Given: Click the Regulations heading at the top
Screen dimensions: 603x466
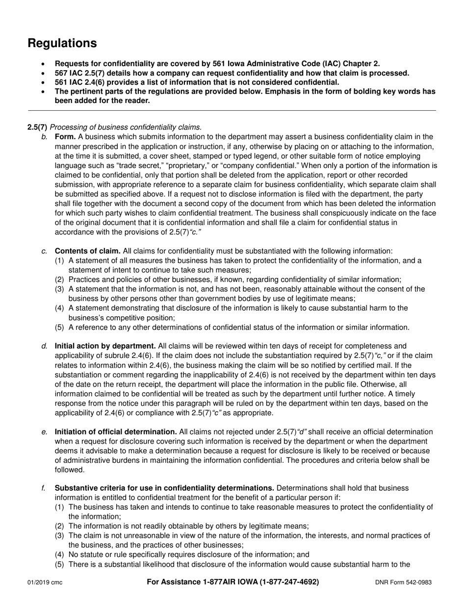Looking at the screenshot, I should [x=62, y=43].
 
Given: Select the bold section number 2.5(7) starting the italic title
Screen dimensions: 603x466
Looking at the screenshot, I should [x=37, y=127].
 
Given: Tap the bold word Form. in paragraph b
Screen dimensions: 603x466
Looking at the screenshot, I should [x=65, y=137].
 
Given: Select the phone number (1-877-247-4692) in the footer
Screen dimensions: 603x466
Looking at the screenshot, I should [x=289, y=582].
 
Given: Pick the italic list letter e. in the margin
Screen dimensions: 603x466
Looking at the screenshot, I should [x=45, y=432].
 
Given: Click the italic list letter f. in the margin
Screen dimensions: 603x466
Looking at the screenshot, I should [x=44, y=488].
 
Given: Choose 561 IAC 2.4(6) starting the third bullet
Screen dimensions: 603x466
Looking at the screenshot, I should [x=81, y=82].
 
